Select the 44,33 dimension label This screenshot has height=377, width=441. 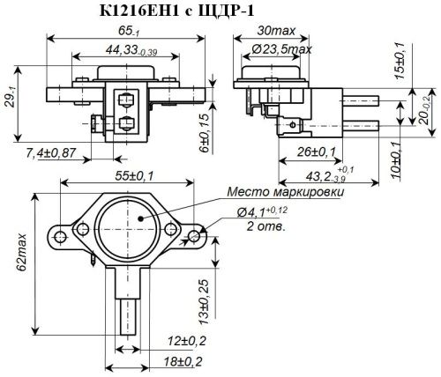coord(121,50)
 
